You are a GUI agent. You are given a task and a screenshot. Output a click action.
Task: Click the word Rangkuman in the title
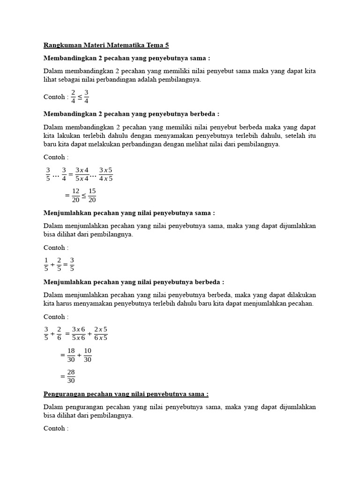pyautogui.click(x=61, y=45)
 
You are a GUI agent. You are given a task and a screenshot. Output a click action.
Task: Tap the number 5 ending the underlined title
pyautogui.click(x=166, y=45)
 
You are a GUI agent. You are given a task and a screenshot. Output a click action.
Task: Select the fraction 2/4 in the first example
pyautogui.click(x=73, y=97)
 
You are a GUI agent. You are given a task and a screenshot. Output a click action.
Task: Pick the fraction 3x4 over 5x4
pyautogui.click(x=82, y=174)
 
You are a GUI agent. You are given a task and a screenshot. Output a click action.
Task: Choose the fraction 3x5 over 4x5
pyautogui.click(x=106, y=174)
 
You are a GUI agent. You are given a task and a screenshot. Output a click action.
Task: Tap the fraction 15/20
pyautogui.click(x=92, y=195)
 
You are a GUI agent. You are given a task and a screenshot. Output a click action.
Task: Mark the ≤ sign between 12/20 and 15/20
pyautogui.click(x=84, y=195)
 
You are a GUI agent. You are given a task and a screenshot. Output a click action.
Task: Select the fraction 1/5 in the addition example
pyautogui.click(x=46, y=264)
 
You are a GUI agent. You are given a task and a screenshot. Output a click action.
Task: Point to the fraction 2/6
pyautogui.click(x=59, y=333)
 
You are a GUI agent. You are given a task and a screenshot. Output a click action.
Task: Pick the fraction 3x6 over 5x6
pyautogui.click(x=78, y=333)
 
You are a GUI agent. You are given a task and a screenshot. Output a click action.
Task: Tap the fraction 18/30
pyautogui.click(x=71, y=355)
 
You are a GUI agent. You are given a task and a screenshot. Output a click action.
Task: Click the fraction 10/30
pyautogui.click(x=88, y=355)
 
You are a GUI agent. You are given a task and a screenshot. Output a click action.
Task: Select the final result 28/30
pyautogui.click(x=71, y=376)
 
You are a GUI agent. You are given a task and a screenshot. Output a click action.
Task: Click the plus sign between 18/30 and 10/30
pyautogui.click(x=79, y=355)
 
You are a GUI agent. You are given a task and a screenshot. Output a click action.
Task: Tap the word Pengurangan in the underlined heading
pyautogui.click(x=63, y=394)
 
